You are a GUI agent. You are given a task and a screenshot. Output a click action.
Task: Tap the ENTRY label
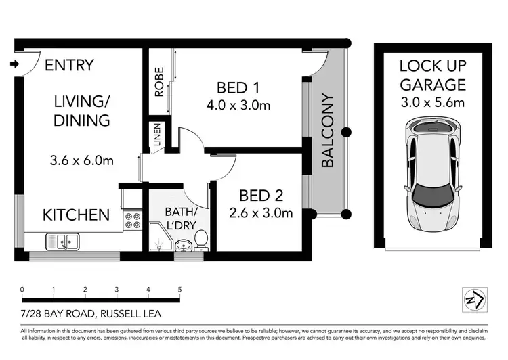69,66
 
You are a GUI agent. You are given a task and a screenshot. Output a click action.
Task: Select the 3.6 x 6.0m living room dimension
81,161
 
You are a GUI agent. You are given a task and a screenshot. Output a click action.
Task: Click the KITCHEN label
76,215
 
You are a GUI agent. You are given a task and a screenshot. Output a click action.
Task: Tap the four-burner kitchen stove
132,221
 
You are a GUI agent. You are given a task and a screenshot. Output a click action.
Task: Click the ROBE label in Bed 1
159,83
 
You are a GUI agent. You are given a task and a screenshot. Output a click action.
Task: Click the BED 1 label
238,87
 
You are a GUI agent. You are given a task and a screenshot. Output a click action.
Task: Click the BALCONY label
328,131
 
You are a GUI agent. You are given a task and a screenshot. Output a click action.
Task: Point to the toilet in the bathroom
200,240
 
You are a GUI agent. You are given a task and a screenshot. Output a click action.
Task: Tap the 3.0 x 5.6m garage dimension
432,103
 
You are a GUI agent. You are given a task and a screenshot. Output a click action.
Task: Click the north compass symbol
473,298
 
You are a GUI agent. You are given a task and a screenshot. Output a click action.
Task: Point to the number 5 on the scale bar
179,289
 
